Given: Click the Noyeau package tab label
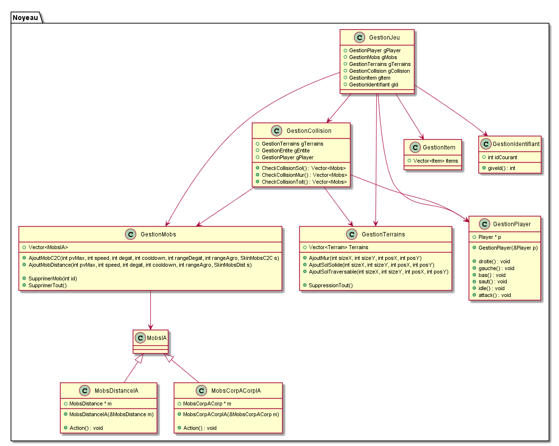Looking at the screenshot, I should [25, 18].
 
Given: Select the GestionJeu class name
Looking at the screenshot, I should [385, 37].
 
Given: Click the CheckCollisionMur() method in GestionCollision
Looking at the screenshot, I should [304, 175].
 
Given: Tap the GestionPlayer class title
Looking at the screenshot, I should [512, 224].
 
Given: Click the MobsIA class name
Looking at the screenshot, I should [156, 337].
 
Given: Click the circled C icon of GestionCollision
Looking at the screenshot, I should [276, 131].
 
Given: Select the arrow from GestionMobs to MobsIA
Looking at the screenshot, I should [150, 310].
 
